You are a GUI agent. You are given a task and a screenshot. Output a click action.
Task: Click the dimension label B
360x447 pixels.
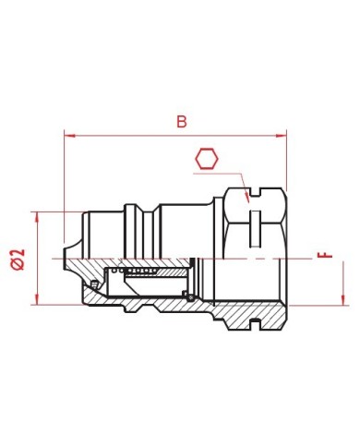click(x=182, y=122)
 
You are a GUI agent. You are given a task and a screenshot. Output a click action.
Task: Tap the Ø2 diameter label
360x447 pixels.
click(x=18, y=260)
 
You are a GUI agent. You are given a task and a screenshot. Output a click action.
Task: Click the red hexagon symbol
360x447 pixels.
click(x=207, y=159)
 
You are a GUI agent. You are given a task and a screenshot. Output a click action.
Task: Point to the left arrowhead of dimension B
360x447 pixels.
click(x=69, y=136)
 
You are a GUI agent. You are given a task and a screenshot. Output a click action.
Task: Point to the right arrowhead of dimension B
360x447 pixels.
click(x=282, y=136)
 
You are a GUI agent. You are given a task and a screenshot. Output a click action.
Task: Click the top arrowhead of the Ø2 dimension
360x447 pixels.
click(x=37, y=217)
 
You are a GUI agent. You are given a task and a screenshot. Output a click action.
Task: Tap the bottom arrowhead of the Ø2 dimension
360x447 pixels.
click(x=37, y=299)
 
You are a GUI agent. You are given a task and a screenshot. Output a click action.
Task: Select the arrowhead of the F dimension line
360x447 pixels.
click(x=343, y=300)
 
